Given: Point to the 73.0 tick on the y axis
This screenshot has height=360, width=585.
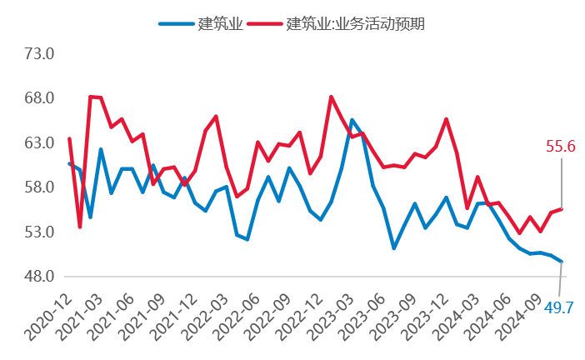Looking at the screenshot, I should (x=38, y=54).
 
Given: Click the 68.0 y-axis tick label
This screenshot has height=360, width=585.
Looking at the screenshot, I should (x=38, y=98).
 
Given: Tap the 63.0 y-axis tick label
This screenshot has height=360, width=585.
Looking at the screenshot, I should (x=38, y=143).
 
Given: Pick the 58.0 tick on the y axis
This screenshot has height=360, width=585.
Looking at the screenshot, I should (x=38, y=187).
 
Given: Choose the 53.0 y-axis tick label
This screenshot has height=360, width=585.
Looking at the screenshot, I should (x=38, y=232).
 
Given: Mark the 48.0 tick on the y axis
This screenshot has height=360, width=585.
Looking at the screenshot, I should (x=38, y=277).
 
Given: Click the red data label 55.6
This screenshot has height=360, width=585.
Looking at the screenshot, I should (x=561, y=147).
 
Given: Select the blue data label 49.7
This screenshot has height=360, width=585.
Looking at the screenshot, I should (x=558, y=309).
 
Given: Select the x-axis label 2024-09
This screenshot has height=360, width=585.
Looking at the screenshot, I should (x=515, y=312).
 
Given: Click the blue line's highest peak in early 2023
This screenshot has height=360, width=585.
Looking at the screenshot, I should (x=352, y=120).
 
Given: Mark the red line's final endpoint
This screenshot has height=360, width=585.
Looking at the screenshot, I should (x=562, y=209).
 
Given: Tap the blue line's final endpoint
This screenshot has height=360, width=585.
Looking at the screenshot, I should (x=562, y=262).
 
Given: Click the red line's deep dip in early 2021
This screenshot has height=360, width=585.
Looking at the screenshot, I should (x=80, y=227).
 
